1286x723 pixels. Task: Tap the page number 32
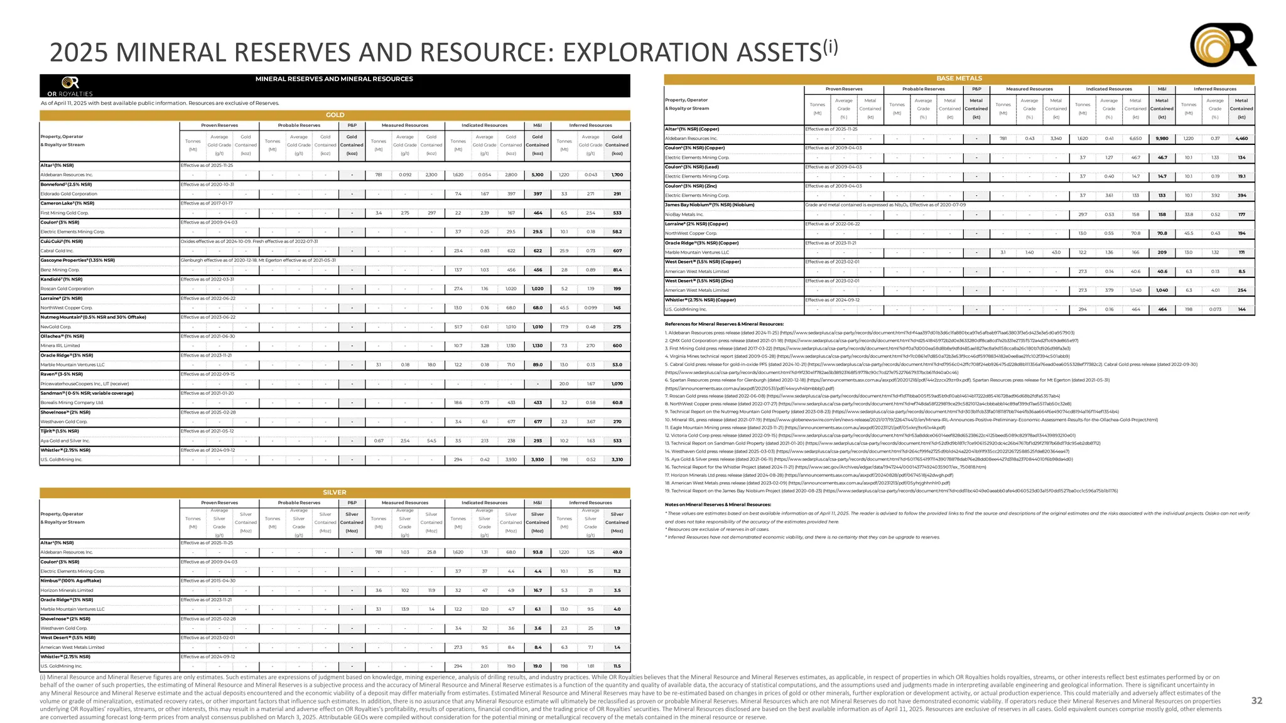click(1256, 700)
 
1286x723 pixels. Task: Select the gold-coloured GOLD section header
click(335, 115)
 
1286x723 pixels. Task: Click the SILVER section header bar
click(335, 493)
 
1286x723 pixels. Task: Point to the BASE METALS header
click(959, 78)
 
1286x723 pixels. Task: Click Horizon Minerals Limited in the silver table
click(67, 590)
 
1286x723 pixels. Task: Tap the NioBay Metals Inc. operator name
click(684, 215)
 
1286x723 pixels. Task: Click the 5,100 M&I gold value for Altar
click(538, 175)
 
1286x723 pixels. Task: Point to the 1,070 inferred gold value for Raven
click(617, 383)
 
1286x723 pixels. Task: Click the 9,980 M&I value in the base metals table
click(1162, 139)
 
